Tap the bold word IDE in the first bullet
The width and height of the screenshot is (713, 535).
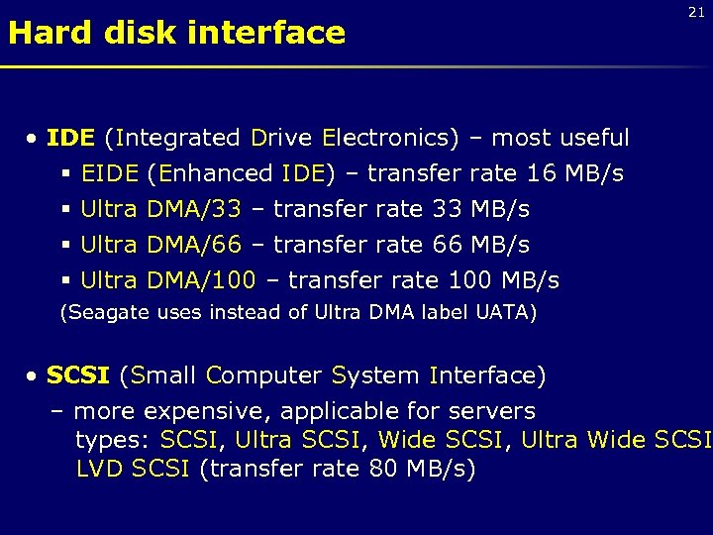coord(71,138)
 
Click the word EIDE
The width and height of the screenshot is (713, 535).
coord(109,174)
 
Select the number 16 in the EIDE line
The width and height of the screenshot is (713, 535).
coord(541,174)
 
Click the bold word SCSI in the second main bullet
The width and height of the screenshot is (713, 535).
coord(79,376)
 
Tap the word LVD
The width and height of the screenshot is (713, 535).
coord(100,469)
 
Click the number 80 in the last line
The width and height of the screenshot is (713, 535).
coord(382,469)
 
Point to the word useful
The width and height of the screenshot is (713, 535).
coord(594,138)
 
